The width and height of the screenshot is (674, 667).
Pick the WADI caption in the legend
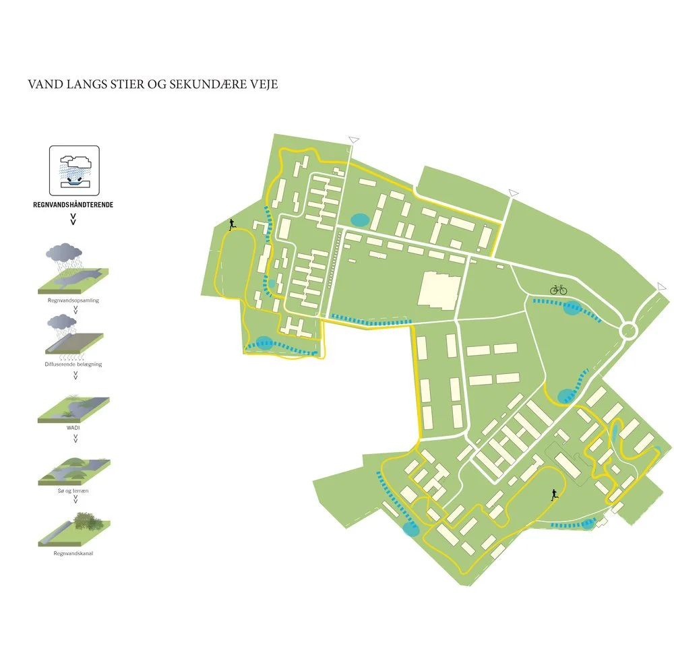click(74, 428)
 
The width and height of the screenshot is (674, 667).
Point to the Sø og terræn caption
click(74, 493)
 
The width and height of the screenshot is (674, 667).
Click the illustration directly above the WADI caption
click(74, 408)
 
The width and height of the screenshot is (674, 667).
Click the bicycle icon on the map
click(559, 290)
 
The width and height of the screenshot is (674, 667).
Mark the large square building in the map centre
click(438, 290)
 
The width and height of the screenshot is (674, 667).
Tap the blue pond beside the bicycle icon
click(572, 309)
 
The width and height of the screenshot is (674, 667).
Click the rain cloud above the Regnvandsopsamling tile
click(62, 253)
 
